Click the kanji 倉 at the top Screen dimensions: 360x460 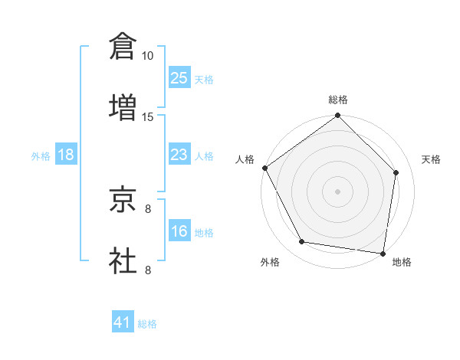[123, 46]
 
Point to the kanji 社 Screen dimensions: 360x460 [123, 260]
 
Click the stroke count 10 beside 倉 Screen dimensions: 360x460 [148, 56]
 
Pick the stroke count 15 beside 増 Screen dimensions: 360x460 [148, 116]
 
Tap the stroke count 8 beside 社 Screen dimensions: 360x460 [148, 270]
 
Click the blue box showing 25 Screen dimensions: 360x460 [179, 78]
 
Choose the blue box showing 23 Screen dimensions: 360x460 [179, 155]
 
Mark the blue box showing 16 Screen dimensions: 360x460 [179, 231]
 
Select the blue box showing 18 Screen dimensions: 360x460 [66, 155]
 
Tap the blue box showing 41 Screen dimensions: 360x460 [123, 322]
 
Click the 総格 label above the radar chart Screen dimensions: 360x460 [338, 100]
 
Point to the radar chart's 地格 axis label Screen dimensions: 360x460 [402, 263]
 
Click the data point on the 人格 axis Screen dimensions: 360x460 [264, 168]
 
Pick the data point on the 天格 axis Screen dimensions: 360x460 [396, 172]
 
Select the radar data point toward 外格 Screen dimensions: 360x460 [302, 242]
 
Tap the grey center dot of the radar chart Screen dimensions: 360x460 [338, 191]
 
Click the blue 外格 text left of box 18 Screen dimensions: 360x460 [41, 155]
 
